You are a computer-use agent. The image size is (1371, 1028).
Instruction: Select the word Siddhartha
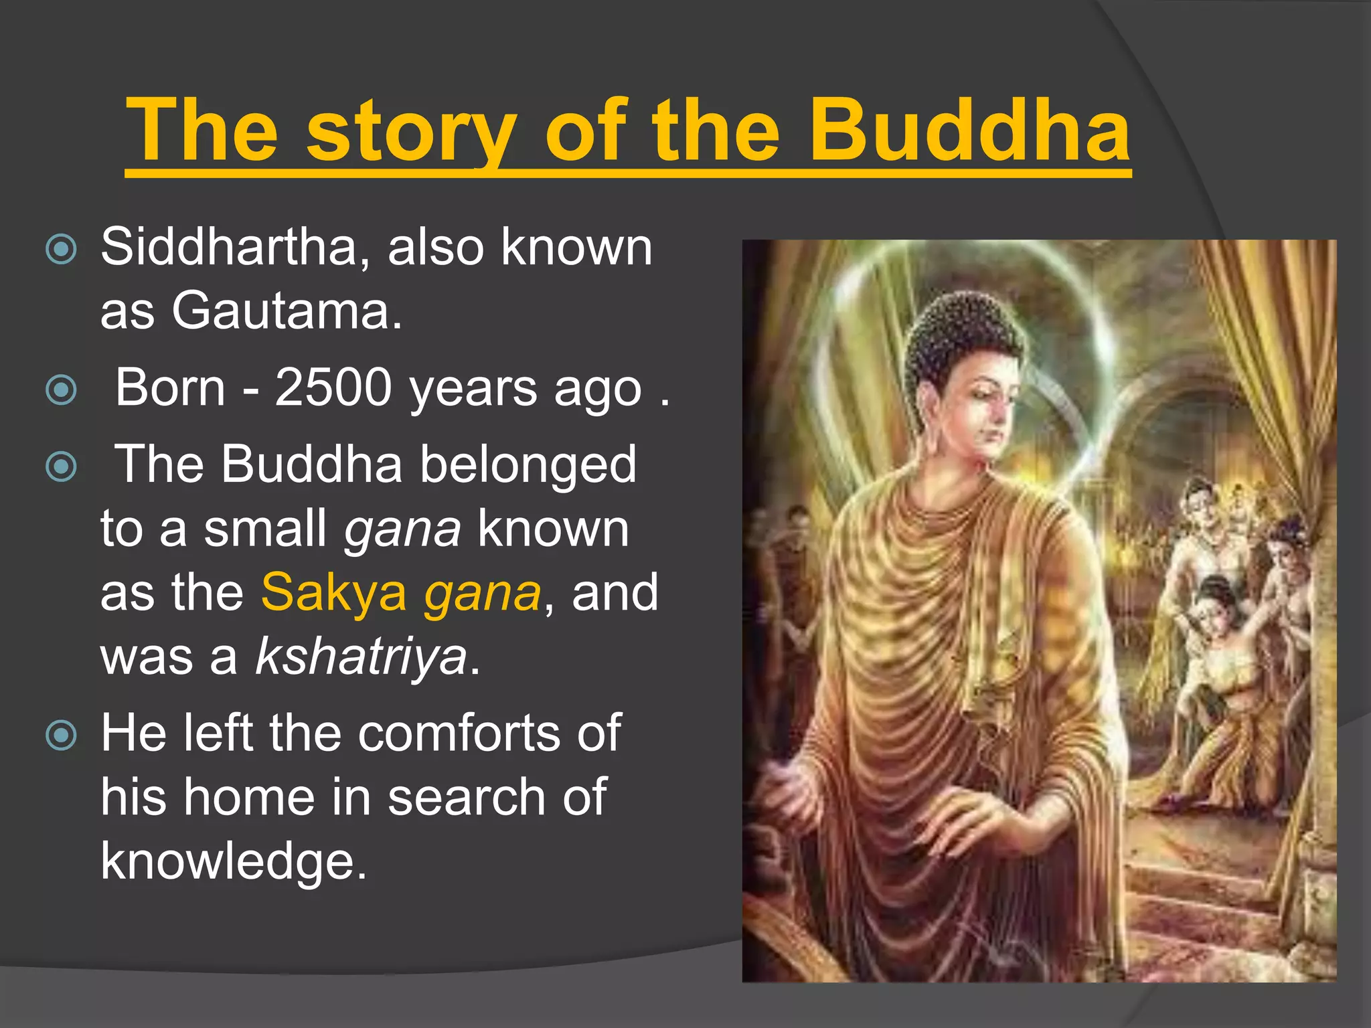(x=230, y=247)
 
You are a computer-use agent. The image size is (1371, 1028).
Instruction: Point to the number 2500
(x=333, y=388)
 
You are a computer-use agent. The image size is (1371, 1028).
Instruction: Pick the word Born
(x=170, y=388)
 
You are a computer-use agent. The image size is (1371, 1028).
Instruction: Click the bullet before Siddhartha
(x=61, y=250)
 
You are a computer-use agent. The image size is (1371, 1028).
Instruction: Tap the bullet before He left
(x=61, y=736)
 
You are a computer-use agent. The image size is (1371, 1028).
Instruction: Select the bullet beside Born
(x=61, y=390)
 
